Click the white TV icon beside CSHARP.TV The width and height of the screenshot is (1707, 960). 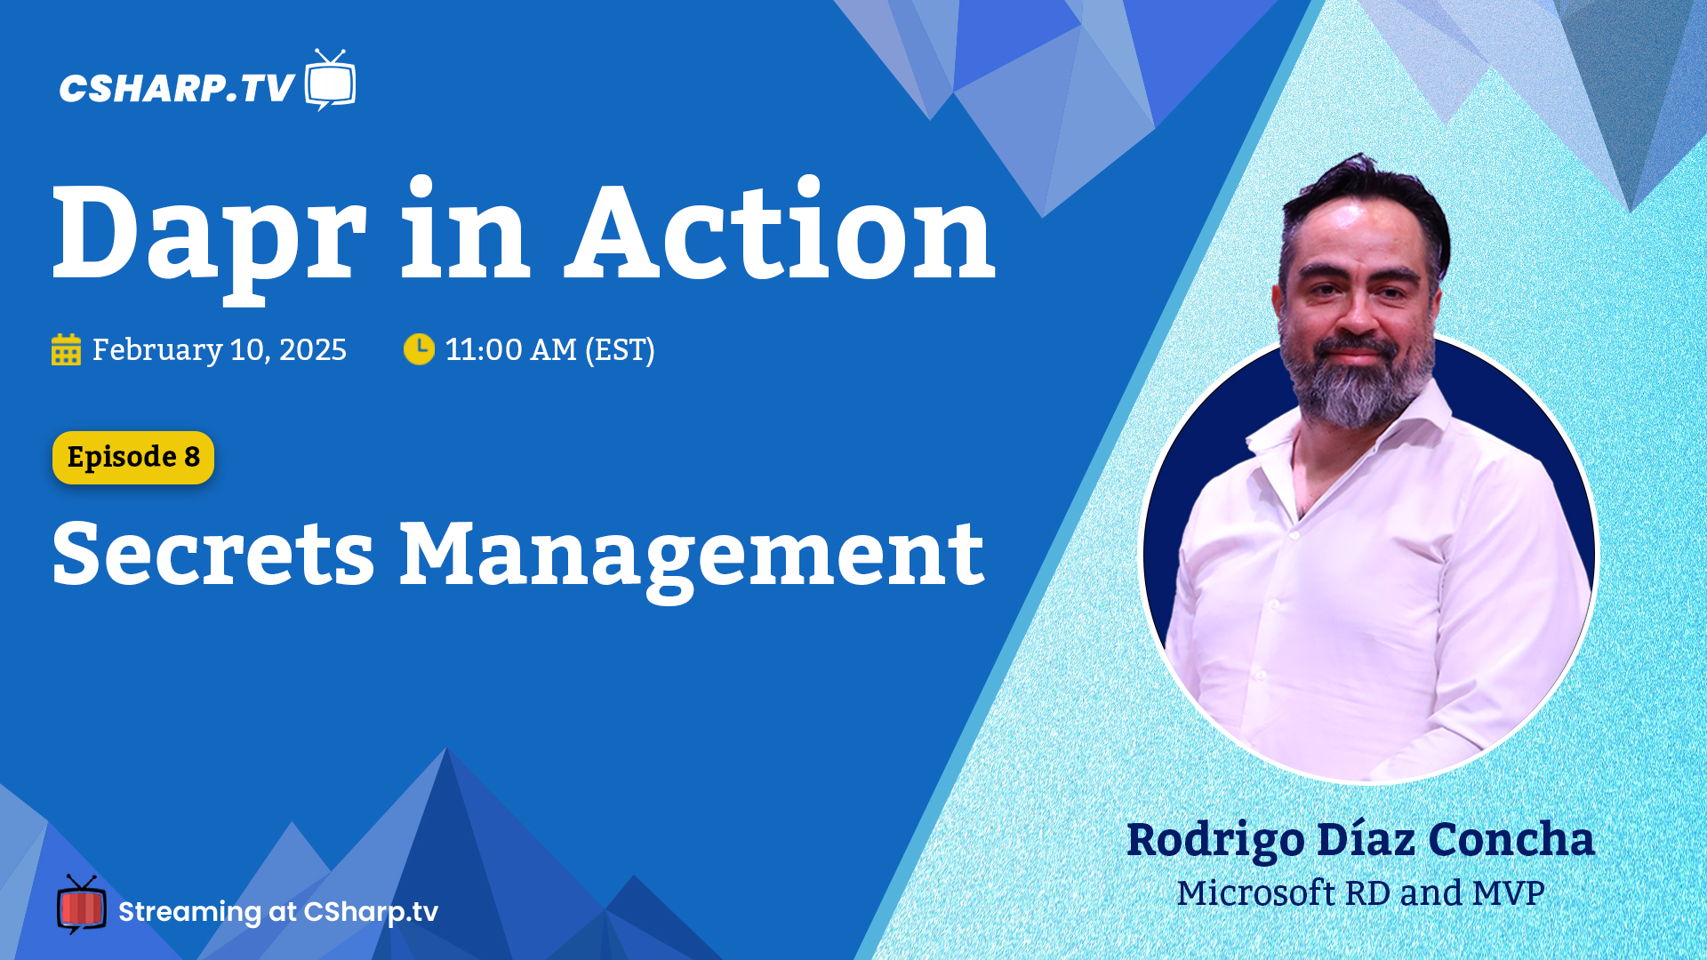(x=330, y=80)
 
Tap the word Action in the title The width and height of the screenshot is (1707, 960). (x=780, y=229)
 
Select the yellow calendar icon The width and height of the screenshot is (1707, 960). (x=66, y=349)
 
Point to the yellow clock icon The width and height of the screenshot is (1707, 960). (x=419, y=349)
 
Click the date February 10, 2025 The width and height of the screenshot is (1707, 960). (x=220, y=350)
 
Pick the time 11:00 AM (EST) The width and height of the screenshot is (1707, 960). (x=549, y=350)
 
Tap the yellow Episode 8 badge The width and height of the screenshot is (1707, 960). (x=133, y=458)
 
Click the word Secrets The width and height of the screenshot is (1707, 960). (x=213, y=555)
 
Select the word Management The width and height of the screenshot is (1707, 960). (x=692, y=560)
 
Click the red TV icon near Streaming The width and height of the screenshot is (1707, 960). (x=81, y=905)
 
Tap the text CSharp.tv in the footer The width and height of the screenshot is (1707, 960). (x=371, y=913)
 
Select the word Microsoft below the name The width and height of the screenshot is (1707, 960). (x=1256, y=893)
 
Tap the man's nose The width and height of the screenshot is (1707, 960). (x=1354, y=311)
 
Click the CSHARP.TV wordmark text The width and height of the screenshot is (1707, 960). (x=177, y=88)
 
